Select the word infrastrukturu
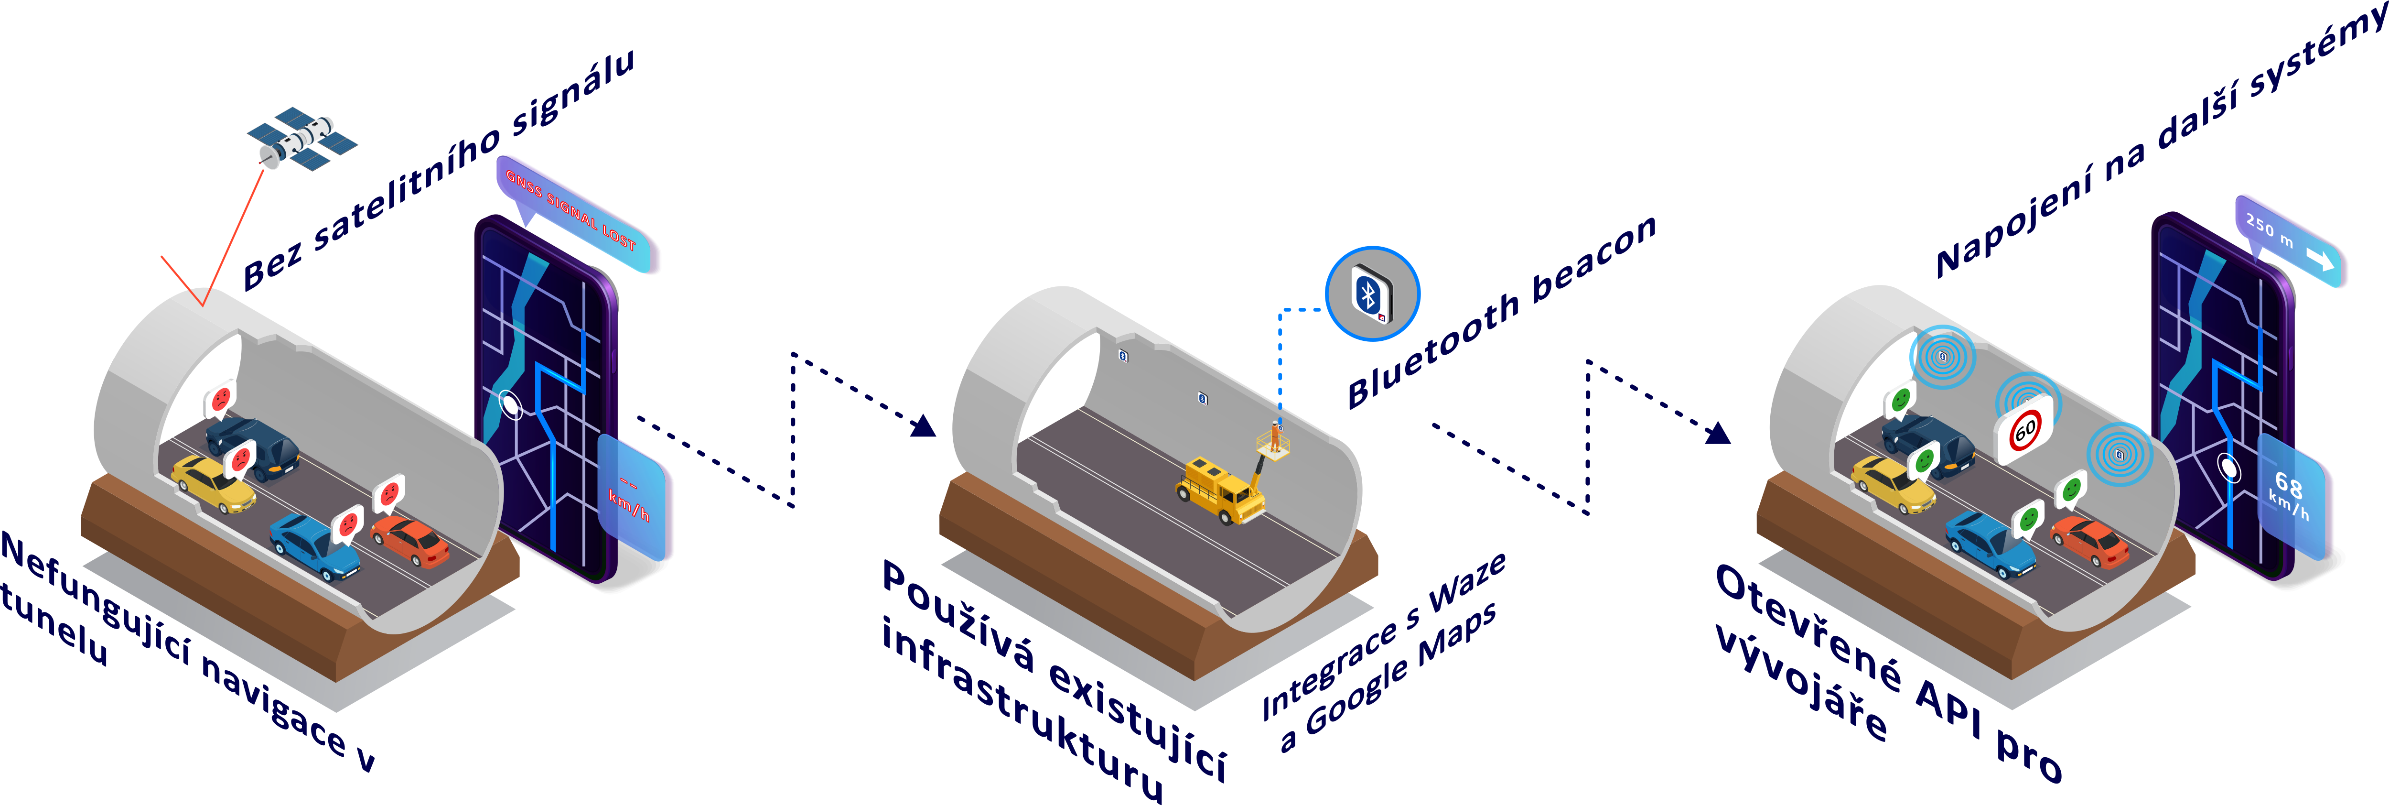(x=1020, y=709)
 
